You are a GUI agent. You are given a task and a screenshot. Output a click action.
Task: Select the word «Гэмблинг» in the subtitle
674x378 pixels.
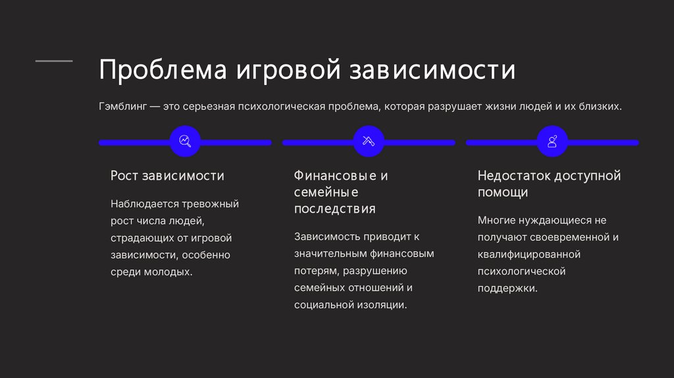click(122, 107)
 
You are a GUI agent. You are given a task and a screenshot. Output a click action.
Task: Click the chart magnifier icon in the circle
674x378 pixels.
click(184, 142)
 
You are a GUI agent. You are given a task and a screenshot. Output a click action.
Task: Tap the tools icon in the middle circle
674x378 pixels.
click(369, 142)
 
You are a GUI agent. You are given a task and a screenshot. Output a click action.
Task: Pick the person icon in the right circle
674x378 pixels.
click(552, 142)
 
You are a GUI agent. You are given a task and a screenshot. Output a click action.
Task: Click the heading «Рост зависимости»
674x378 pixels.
click(167, 176)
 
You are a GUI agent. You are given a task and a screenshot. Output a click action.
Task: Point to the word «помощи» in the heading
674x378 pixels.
click(502, 193)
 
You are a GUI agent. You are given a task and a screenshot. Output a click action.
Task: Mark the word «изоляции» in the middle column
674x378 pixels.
click(382, 305)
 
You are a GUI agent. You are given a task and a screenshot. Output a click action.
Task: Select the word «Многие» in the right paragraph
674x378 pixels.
click(497, 221)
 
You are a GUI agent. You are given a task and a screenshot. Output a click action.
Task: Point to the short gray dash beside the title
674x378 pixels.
click(54, 61)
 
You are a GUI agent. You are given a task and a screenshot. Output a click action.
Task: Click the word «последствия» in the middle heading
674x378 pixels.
click(334, 209)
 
